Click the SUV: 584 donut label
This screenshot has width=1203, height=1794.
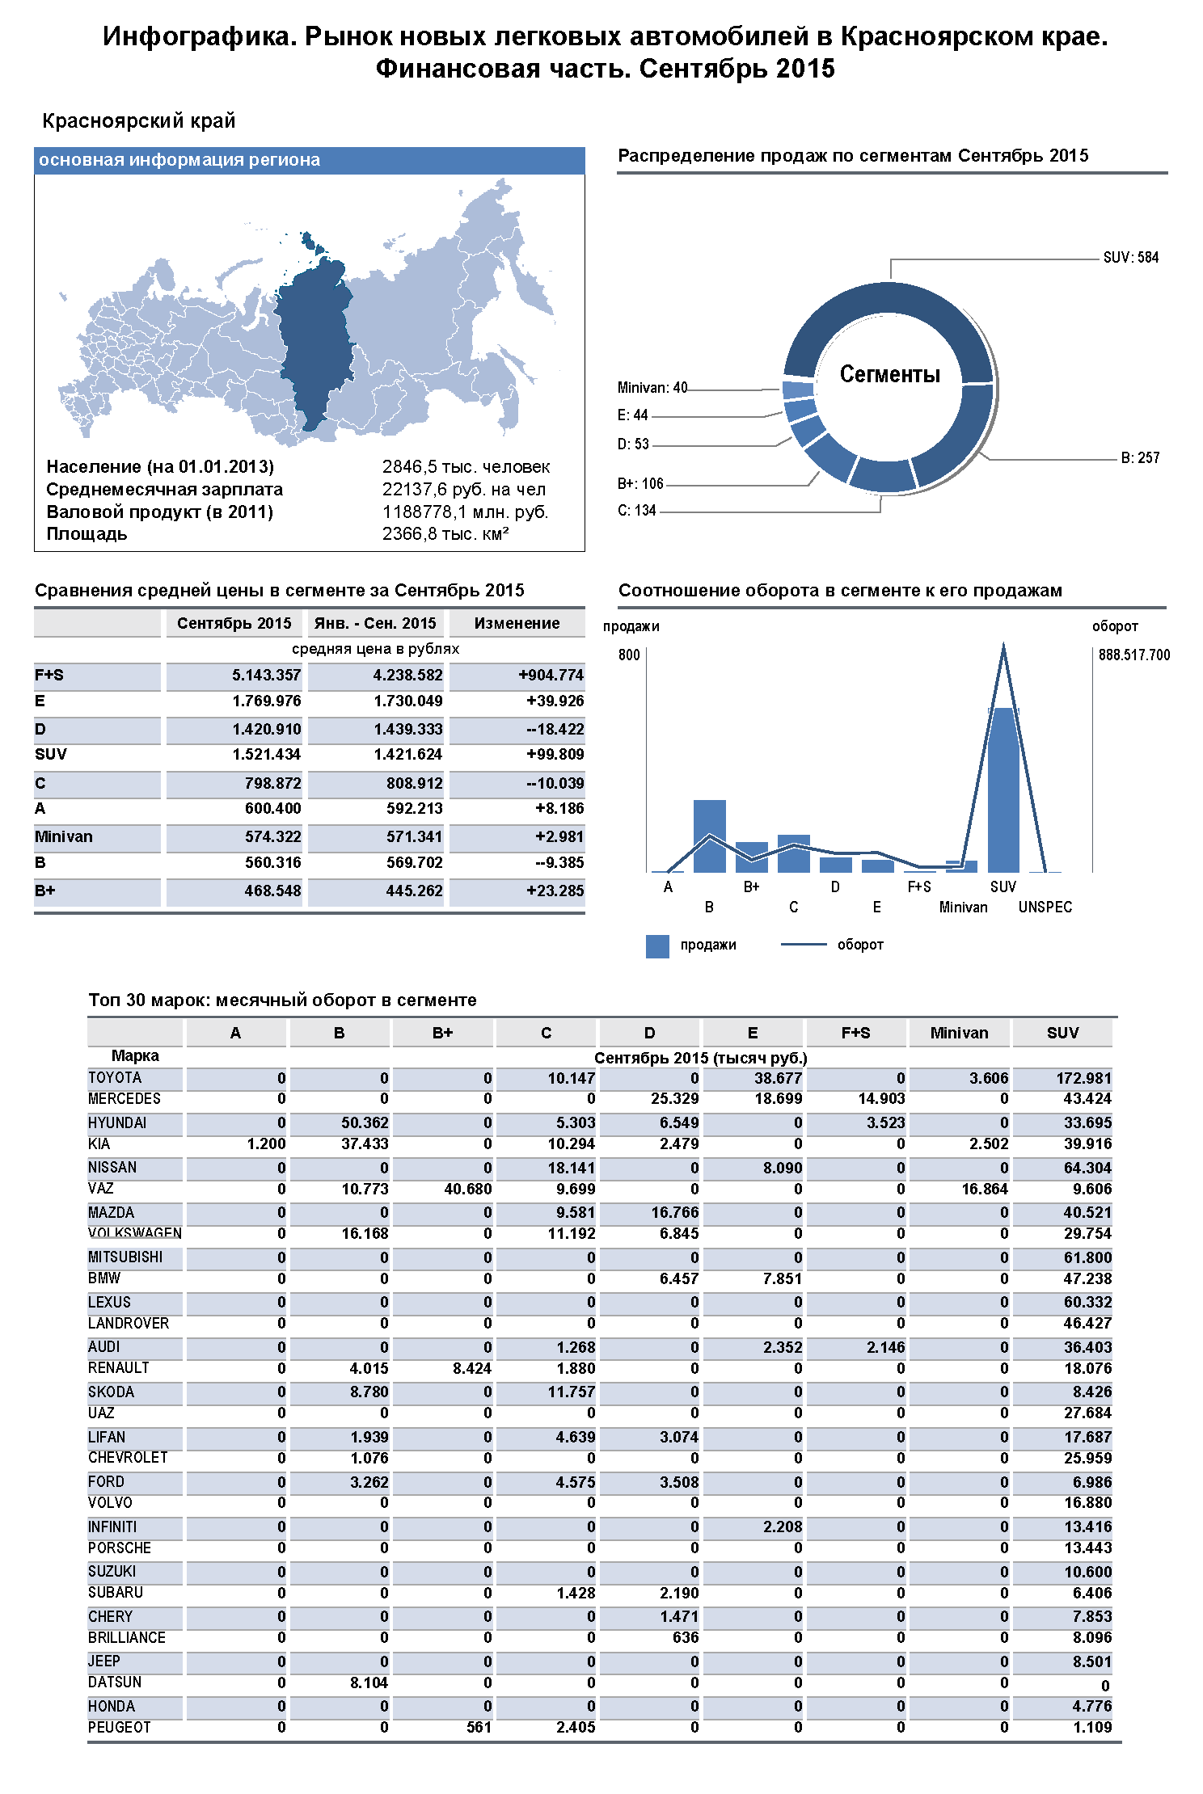(x=1130, y=258)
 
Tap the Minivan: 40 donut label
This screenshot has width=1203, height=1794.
(x=652, y=388)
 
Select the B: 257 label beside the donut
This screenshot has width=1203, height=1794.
(x=1140, y=458)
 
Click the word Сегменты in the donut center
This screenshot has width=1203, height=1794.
(x=889, y=374)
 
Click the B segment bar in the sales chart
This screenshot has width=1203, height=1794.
(x=709, y=836)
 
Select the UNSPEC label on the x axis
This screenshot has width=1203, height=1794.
(x=1045, y=908)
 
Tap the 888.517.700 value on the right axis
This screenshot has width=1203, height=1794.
(x=1133, y=655)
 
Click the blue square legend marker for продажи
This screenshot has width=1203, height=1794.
(x=657, y=946)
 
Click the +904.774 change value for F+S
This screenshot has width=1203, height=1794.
(x=551, y=676)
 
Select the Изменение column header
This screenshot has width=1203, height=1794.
(x=517, y=623)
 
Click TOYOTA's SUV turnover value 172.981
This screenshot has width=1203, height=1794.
(x=1083, y=1079)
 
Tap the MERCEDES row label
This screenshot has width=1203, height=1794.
(x=125, y=1099)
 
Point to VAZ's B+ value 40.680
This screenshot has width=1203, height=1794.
(x=467, y=1190)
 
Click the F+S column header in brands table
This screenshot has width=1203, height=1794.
(x=855, y=1033)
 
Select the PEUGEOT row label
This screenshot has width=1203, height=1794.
(x=120, y=1728)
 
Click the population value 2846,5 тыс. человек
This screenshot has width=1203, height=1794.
(x=466, y=467)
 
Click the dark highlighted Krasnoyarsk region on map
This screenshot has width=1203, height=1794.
(x=317, y=339)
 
